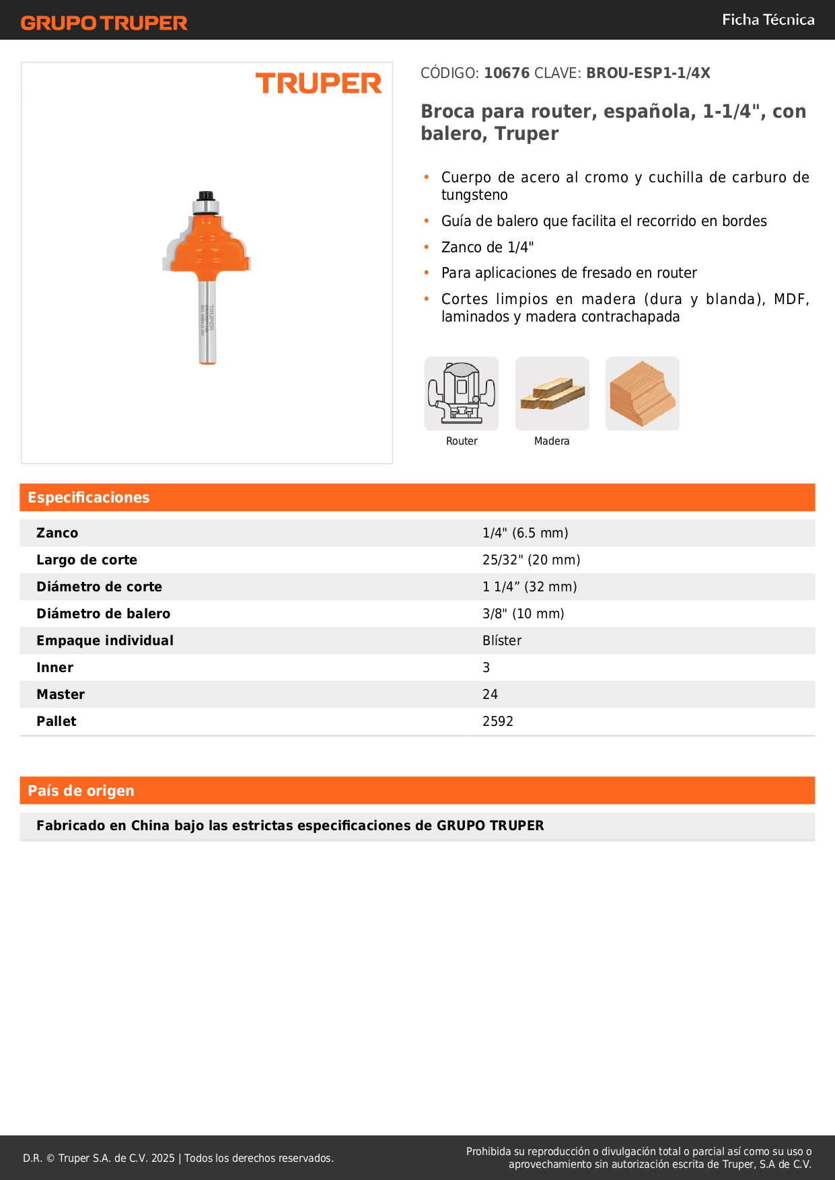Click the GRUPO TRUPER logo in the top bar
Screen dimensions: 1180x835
[104, 23]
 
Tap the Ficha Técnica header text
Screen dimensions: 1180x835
[768, 20]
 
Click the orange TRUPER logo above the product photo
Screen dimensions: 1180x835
[318, 83]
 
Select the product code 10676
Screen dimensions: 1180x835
[507, 73]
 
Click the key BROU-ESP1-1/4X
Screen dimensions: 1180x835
[648, 73]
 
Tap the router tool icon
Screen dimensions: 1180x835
[462, 394]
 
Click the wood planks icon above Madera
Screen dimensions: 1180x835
[552, 394]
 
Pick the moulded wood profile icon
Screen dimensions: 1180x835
[643, 394]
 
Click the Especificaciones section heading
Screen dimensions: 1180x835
[89, 498]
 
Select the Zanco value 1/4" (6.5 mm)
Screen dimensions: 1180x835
[525, 533]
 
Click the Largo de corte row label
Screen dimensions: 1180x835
[87, 560]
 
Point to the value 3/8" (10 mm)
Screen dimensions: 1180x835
[523, 614]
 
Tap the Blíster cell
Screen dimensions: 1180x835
[502, 641]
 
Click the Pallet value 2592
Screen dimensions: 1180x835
[498, 722]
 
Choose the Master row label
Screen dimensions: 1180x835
[61, 695]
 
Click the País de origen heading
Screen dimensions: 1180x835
[81, 791]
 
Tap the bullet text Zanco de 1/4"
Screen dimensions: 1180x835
[487, 248]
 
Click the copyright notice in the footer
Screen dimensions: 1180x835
[178, 1158]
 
